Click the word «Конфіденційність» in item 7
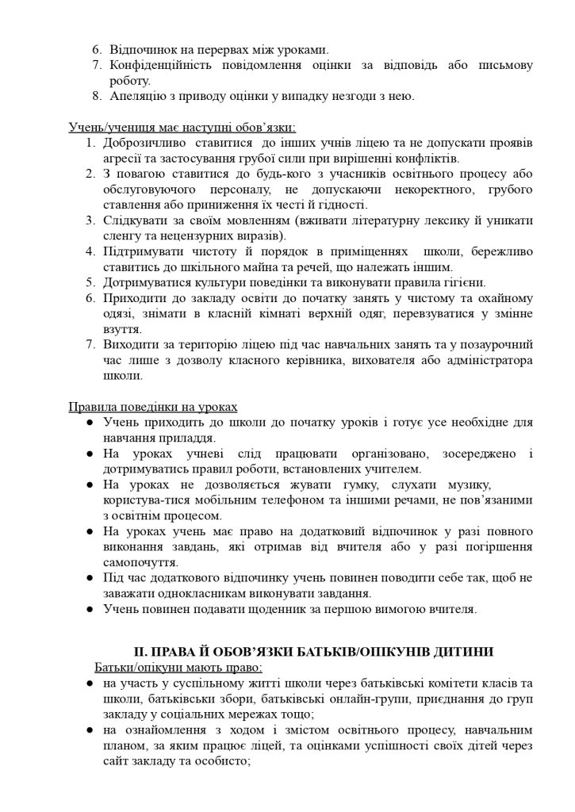coord(161,65)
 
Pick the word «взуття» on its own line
coord(122,329)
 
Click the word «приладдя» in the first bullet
coord(190,438)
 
